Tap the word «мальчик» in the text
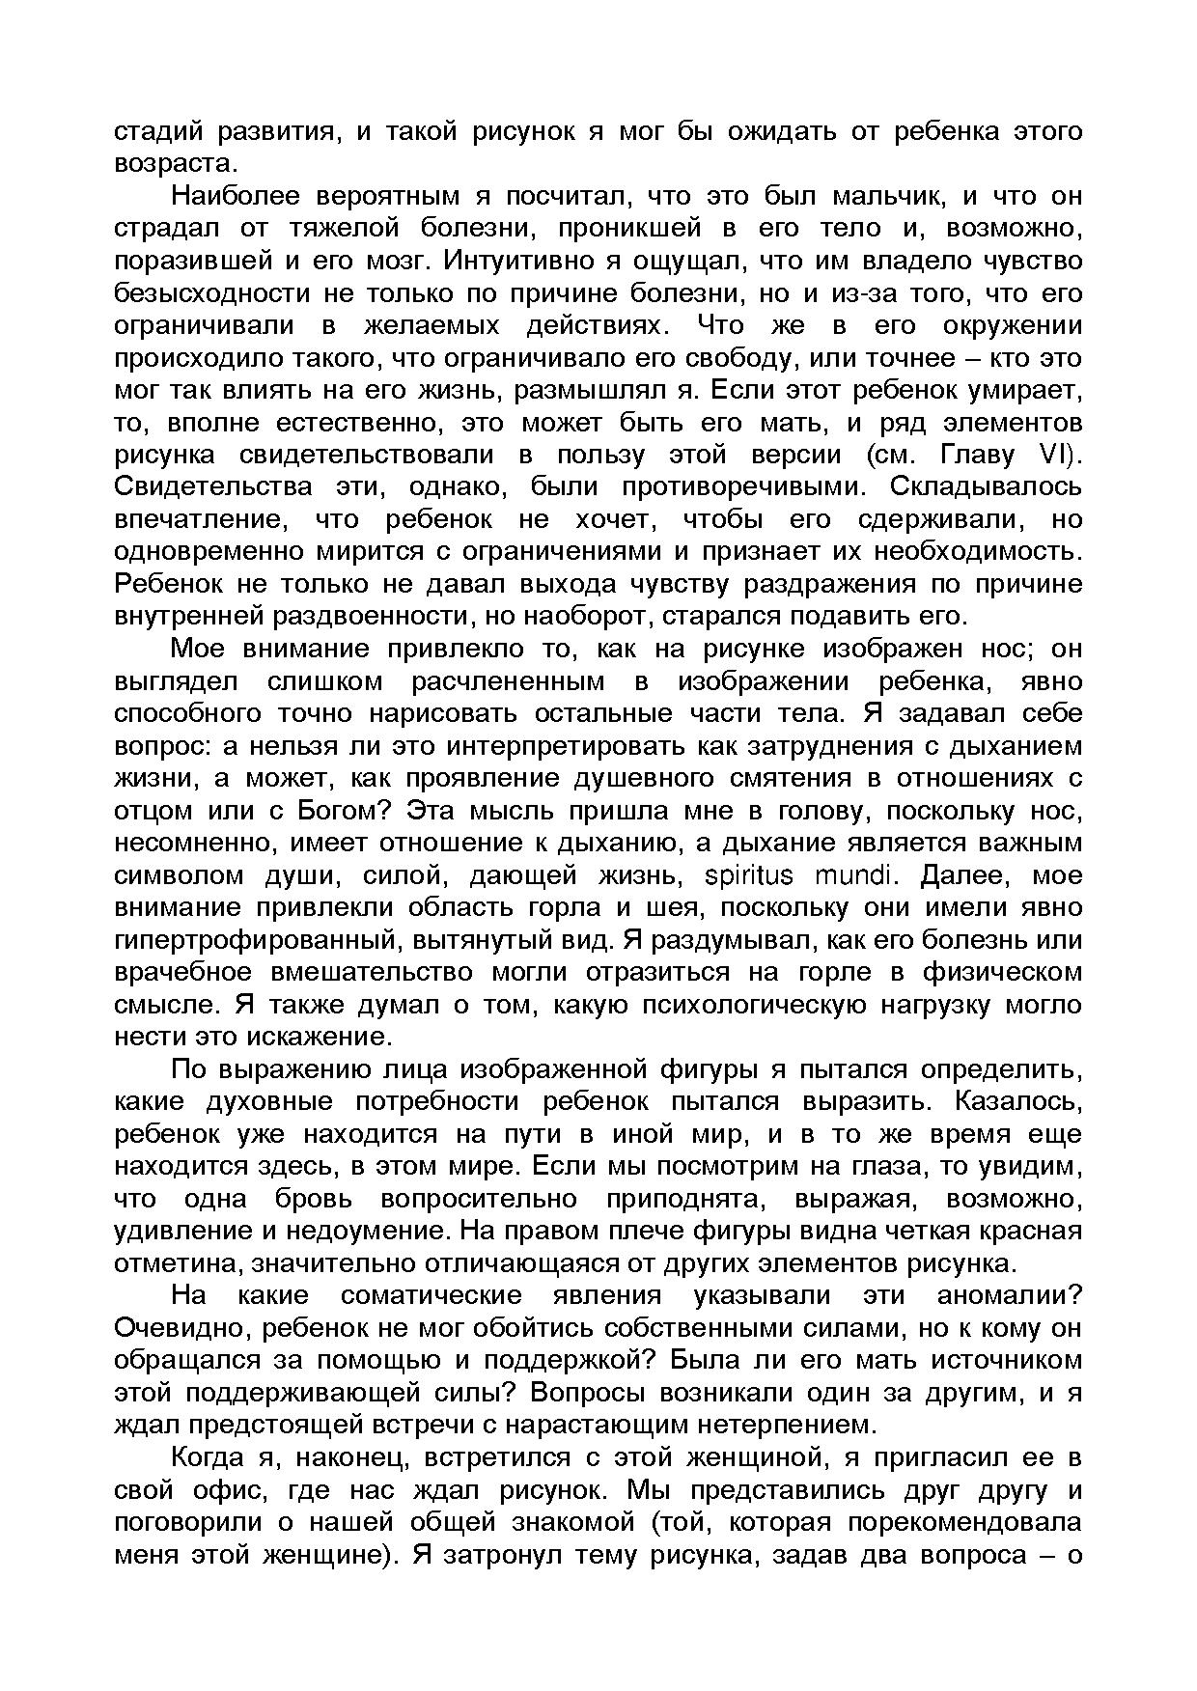[x=878, y=196]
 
